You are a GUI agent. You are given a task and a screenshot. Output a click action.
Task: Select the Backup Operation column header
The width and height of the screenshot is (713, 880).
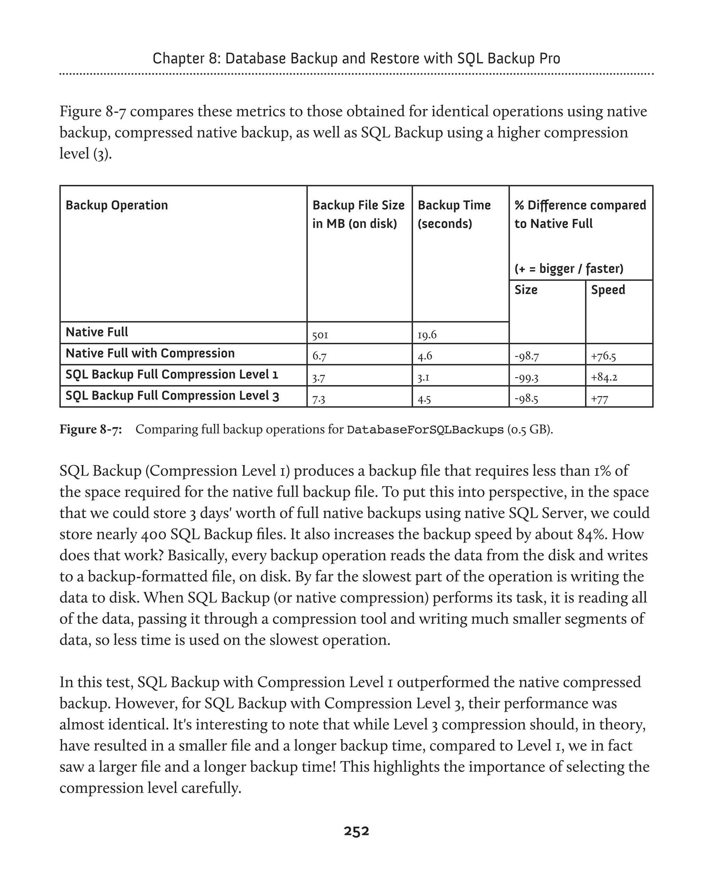click(x=117, y=205)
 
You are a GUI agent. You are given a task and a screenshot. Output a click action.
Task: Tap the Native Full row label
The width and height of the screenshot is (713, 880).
click(x=97, y=332)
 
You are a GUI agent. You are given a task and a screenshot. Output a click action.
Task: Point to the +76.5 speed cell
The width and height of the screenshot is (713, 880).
click(x=603, y=356)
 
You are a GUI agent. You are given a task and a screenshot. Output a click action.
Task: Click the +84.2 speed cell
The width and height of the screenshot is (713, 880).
click(x=604, y=377)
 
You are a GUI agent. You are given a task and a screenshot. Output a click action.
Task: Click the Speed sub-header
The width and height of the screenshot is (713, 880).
click(x=608, y=290)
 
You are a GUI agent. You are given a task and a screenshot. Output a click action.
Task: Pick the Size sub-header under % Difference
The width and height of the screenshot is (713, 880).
click(x=526, y=290)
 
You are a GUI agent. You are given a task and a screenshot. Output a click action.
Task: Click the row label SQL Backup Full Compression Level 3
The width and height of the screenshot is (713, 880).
click(x=172, y=396)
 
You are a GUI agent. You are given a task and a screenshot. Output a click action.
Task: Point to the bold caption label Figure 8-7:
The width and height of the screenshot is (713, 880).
click(x=91, y=430)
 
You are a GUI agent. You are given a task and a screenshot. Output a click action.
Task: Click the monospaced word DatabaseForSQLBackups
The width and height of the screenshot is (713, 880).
click(x=425, y=430)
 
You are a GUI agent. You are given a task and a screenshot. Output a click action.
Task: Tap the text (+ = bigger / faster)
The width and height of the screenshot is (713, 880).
click(x=569, y=269)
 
